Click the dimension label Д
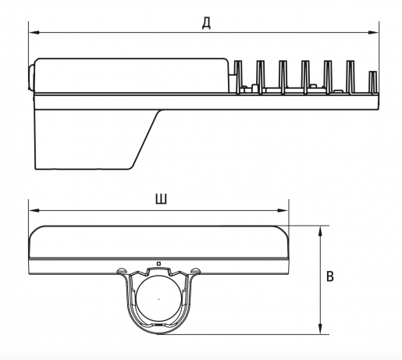click(x=206, y=24)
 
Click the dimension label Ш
click(x=162, y=199)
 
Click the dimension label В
click(x=330, y=276)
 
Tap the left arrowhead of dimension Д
click(x=34, y=33)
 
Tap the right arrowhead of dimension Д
click(x=374, y=33)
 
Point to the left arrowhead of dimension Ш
click(x=34, y=210)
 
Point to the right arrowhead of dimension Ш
click(x=283, y=210)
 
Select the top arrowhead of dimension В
click(x=321, y=231)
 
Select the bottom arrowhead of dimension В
click(x=321, y=329)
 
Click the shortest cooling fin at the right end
click(x=373, y=82)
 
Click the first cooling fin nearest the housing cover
click(x=238, y=77)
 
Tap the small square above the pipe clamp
click(x=158, y=264)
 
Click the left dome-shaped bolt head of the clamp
click(x=122, y=271)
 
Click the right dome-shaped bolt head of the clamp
click(x=196, y=271)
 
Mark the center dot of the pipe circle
click(x=158, y=299)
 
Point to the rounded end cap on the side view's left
click(x=31, y=78)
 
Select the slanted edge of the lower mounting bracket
click(x=147, y=139)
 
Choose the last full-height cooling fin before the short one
click(x=350, y=77)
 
